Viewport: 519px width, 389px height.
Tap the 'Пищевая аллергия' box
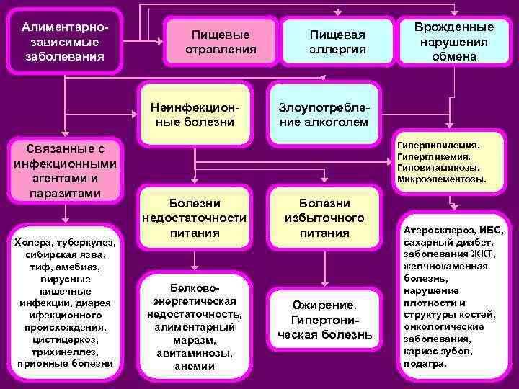337,42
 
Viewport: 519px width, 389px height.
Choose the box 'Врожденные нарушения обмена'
455,41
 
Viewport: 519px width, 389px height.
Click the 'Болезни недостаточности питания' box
195,218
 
